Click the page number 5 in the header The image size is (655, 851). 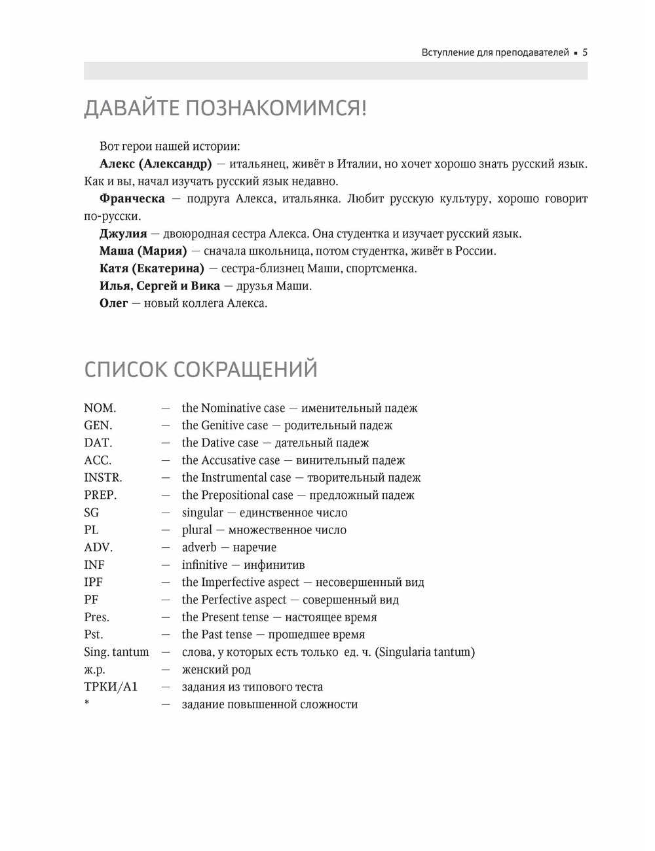(x=585, y=52)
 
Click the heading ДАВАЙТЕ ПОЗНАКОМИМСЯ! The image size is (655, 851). (x=225, y=108)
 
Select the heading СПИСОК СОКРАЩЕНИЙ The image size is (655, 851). (x=200, y=370)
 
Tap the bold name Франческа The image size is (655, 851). (x=132, y=198)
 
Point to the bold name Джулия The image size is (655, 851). (x=123, y=234)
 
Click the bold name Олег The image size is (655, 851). (x=113, y=303)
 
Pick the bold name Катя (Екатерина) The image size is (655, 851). (x=152, y=268)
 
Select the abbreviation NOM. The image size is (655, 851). (x=100, y=408)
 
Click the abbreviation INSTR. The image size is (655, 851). (x=103, y=478)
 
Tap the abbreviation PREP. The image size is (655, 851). (x=100, y=496)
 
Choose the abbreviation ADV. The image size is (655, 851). (x=98, y=548)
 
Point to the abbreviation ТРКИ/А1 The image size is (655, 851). (x=111, y=687)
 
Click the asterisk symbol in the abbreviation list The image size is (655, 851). (x=86, y=704)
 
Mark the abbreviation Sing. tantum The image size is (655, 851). (x=117, y=652)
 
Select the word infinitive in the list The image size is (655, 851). (x=204, y=565)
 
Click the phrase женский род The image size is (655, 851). (x=216, y=670)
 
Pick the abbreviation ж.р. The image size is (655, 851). (x=94, y=670)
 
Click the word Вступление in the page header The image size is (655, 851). (x=448, y=52)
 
